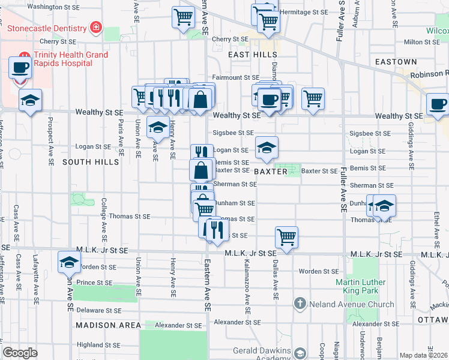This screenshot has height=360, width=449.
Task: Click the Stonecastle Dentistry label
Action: pos(47,28)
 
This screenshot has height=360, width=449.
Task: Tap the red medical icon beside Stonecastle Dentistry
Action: pos(95,28)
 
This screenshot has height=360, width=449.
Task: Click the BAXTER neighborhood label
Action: pos(271,172)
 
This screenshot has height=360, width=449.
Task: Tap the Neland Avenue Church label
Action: pos(343,304)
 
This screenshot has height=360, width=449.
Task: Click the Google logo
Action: pos(20,353)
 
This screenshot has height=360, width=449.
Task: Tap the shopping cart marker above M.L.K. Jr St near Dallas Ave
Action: pos(287,237)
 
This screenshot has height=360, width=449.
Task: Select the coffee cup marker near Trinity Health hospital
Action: pos(20,67)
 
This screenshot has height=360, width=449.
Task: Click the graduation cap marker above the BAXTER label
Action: pos(267,146)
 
